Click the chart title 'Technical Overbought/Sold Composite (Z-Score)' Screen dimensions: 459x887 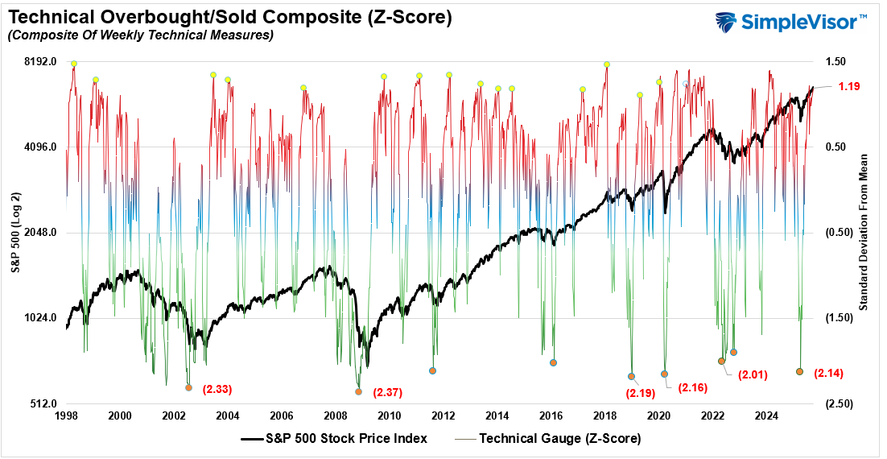[229, 16]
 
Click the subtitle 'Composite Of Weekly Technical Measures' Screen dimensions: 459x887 [140, 35]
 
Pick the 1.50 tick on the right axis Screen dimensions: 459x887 [835, 62]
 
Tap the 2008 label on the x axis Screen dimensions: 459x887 [336, 416]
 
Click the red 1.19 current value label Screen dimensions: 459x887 [850, 86]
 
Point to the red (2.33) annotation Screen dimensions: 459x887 [217, 389]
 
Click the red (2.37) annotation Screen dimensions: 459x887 [387, 393]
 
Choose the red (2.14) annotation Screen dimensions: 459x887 [829, 373]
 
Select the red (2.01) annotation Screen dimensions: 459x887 [753, 374]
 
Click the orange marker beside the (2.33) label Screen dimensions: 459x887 [188, 387]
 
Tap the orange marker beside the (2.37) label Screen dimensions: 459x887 [359, 392]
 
